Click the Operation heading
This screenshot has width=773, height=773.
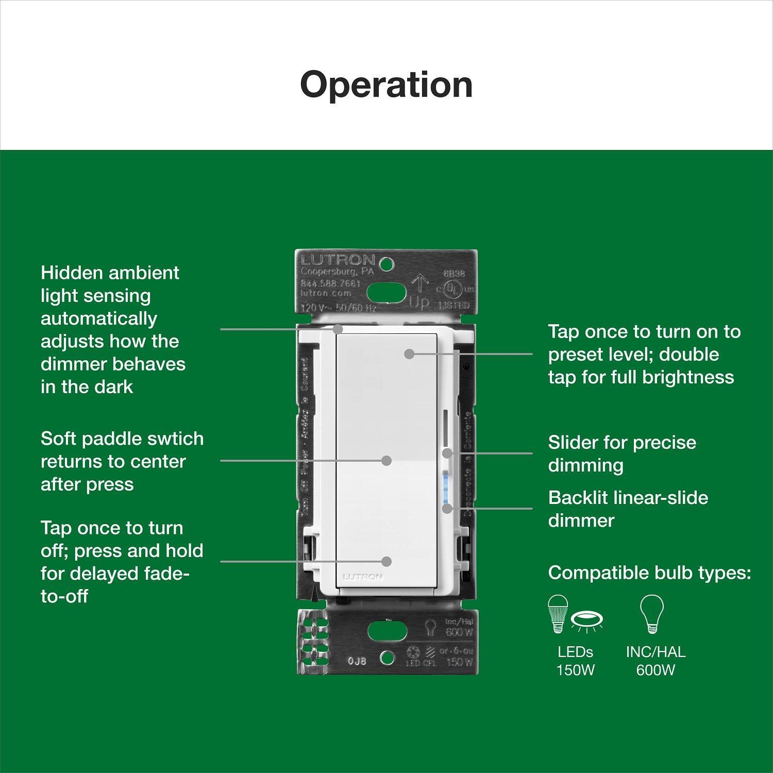[386, 85]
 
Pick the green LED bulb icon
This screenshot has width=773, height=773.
[558, 613]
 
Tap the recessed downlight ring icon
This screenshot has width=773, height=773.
[587, 620]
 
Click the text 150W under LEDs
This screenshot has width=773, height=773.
[575, 670]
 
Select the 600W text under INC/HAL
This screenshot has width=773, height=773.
[655, 670]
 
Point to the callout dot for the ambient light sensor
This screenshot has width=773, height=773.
[338, 328]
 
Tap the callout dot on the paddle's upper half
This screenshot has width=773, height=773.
[409, 354]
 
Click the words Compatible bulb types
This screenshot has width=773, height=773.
[649, 573]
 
